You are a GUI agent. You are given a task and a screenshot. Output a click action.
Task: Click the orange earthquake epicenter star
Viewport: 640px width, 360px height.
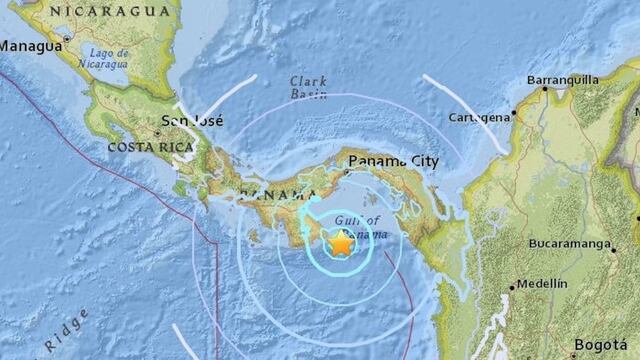pyautogui.click(x=341, y=243)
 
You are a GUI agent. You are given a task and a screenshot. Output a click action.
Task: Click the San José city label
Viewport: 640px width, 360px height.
pyautogui.click(x=191, y=121)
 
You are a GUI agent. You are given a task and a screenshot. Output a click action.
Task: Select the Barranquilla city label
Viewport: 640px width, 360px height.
pyautogui.click(x=565, y=80)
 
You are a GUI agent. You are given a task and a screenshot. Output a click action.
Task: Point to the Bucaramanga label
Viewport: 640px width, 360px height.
pyautogui.click(x=570, y=242)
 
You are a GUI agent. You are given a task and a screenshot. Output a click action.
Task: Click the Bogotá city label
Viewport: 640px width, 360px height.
pyautogui.click(x=605, y=346)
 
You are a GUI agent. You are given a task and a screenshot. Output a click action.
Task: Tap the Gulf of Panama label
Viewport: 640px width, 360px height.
pyautogui.click(x=355, y=227)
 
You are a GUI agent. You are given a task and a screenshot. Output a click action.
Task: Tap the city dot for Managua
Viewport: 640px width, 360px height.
pyautogui.click(x=66, y=40)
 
